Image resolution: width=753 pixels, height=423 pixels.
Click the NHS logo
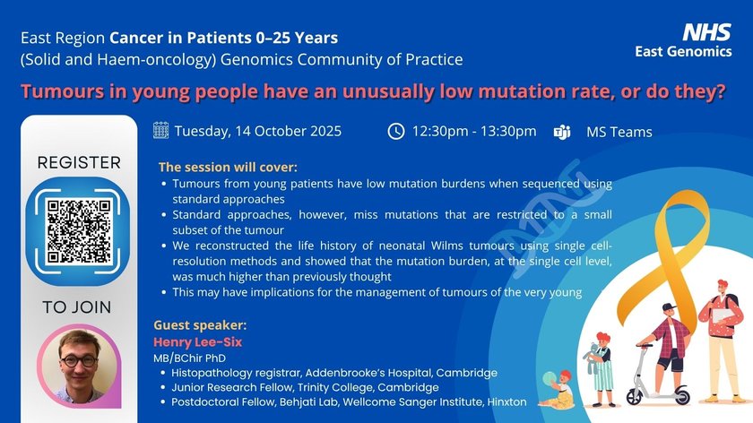click(x=706, y=32)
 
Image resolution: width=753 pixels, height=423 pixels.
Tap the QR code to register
click(x=79, y=231)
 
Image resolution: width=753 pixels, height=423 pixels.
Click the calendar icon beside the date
click(x=160, y=130)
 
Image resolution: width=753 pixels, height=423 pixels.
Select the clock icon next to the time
click(x=396, y=131)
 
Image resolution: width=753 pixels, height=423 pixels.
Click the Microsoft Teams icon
click(x=562, y=132)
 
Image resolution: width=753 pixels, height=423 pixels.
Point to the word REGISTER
click(x=79, y=163)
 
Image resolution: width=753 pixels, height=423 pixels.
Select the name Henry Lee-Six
click(x=198, y=341)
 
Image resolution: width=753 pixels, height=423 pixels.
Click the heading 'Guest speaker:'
click(x=200, y=325)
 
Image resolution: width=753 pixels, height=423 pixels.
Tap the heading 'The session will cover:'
click(x=228, y=167)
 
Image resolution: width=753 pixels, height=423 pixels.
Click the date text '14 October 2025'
click(x=288, y=131)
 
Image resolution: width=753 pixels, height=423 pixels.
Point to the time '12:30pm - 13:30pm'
click(x=474, y=131)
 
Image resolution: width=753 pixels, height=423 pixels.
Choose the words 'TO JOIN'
click(x=77, y=307)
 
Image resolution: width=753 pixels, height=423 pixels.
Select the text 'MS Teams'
click(x=619, y=132)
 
